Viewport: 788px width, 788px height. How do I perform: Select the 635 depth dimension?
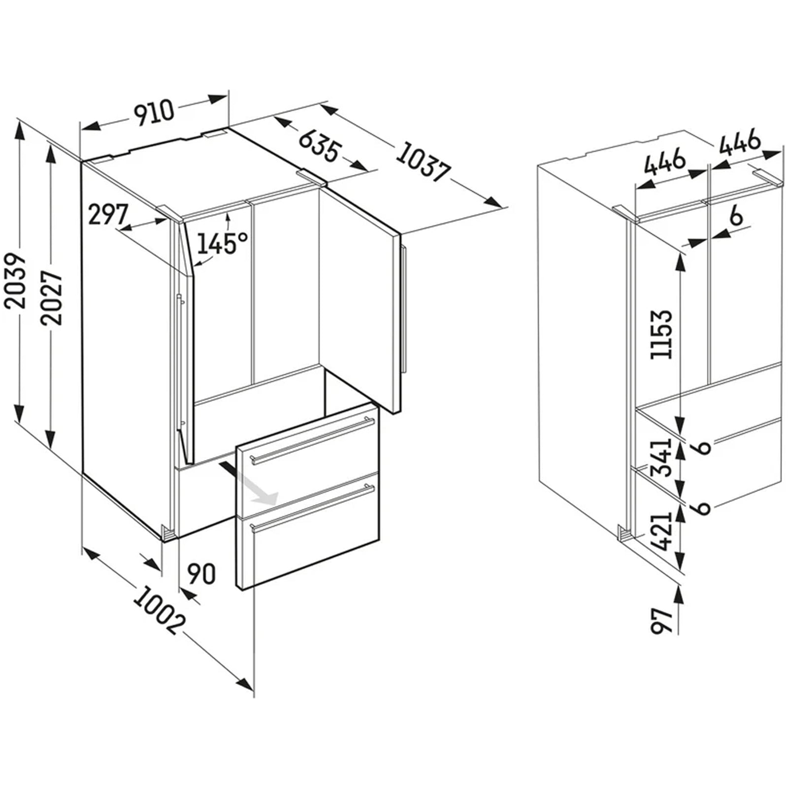pos(319,145)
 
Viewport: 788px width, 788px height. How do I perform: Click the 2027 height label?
pos(52,298)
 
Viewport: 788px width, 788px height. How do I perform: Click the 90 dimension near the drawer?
pos(201,574)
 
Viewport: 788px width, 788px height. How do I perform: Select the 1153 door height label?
pos(660,334)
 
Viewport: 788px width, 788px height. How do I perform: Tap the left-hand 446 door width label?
pos(665,161)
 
